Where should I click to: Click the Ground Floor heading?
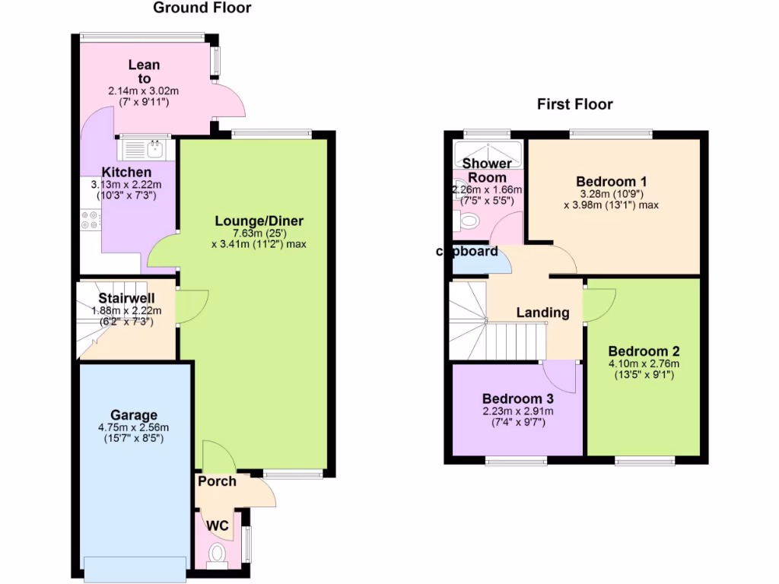click(x=202, y=8)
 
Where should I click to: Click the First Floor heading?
click(x=574, y=104)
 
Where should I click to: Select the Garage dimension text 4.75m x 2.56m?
click(x=134, y=427)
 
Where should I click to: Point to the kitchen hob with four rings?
click(x=89, y=220)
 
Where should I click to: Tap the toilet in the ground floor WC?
click(x=217, y=553)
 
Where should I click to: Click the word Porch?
click(x=217, y=481)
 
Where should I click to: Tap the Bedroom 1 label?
click(x=611, y=182)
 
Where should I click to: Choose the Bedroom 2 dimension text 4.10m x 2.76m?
click(x=643, y=363)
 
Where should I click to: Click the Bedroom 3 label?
click(x=517, y=398)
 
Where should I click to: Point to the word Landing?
click(x=542, y=313)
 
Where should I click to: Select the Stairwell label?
click(x=126, y=298)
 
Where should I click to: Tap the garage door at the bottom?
click(x=135, y=567)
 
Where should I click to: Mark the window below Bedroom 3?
click(x=516, y=460)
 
